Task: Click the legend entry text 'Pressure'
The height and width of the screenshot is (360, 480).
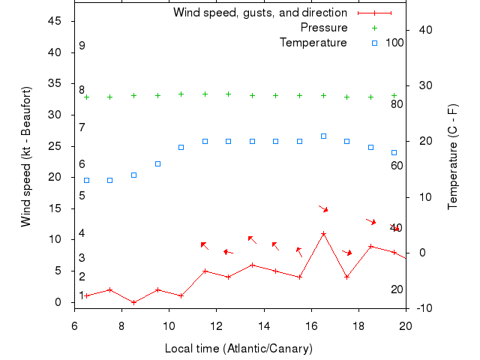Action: (x=324, y=28)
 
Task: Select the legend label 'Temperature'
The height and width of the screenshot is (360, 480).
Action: (x=313, y=43)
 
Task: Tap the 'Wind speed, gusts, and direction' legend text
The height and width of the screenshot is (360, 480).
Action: (x=260, y=13)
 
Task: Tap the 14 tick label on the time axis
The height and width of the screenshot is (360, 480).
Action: (x=264, y=325)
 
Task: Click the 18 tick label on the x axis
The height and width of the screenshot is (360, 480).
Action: (x=358, y=325)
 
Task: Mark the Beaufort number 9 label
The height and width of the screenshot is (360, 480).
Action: (x=82, y=46)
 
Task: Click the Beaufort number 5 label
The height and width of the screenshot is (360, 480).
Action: (x=82, y=196)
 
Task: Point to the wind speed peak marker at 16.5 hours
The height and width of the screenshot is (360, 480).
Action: (x=323, y=233)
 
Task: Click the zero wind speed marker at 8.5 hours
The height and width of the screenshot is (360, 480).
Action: (x=133, y=302)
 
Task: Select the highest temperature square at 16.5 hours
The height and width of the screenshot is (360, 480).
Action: (x=323, y=136)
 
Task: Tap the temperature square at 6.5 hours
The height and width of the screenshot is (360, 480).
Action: (x=86, y=180)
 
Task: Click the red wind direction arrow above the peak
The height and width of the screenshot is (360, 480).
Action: (x=323, y=208)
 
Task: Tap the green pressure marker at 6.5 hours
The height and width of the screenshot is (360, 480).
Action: (x=86, y=97)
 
